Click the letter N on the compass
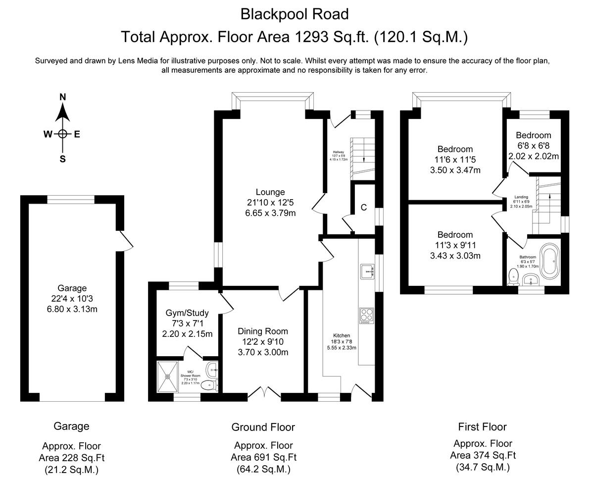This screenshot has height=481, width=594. (63, 97)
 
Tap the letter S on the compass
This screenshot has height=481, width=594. (63, 159)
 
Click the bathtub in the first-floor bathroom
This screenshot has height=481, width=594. (550, 261)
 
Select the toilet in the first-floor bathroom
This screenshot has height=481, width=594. (513, 277)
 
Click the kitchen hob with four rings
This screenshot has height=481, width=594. (367, 315)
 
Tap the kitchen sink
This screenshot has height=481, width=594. (367, 270)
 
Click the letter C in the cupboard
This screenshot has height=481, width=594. (363, 208)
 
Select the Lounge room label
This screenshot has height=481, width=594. (270, 192)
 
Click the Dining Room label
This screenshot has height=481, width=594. (263, 331)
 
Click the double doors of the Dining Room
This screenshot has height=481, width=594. (264, 393)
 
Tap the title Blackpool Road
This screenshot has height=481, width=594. (295, 14)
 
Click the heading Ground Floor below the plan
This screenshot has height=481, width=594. (263, 427)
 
